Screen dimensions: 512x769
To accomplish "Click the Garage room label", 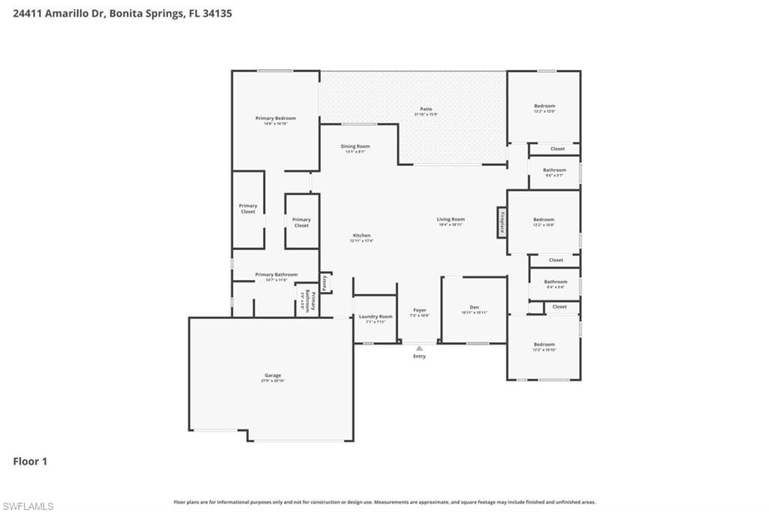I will pyautogui.click(x=273, y=376).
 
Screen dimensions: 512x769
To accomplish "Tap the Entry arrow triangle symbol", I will pyautogui.click(x=419, y=348).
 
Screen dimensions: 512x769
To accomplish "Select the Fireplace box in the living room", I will pyautogui.click(x=501, y=222).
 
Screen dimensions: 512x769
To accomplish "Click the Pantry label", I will pyautogui.click(x=324, y=282).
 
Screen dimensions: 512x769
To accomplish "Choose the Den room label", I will pyautogui.click(x=474, y=309).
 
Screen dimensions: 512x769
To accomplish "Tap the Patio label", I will pyautogui.click(x=426, y=110).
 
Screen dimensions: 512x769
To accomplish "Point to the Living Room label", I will pyautogui.click(x=451, y=221).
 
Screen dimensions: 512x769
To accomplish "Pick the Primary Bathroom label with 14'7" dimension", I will pyautogui.click(x=276, y=276).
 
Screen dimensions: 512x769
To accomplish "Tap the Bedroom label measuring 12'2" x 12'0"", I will pyautogui.click(x=544, y=107).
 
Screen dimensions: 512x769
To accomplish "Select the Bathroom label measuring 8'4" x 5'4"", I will pyautogui.click(x=556, y=283).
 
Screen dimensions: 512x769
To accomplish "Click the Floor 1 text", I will pyautogui.click(x=30, y=462).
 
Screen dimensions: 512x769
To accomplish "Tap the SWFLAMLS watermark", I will pyautogui.click(x=28, y=506).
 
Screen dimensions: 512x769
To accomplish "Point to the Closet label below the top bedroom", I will pyautogui.click(x=557, y=149).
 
